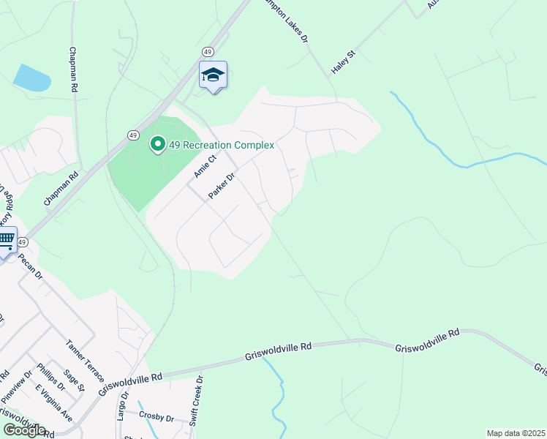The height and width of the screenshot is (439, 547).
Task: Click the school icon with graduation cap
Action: tap(213, 75)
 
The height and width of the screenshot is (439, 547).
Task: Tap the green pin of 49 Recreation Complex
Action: tap(156, 144)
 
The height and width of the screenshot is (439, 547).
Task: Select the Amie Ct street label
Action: tap(205, 166)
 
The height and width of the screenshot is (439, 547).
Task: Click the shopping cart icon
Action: tap(7, 240)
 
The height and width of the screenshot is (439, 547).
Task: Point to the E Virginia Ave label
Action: tap(55, 402)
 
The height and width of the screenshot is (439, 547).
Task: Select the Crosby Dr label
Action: tap(156, 418)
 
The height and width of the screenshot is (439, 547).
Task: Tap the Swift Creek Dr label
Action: tap(195, 401)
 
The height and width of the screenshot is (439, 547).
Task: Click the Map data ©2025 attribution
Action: tap(516, 433)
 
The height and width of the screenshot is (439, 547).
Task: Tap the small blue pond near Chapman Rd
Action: tap(32, 78)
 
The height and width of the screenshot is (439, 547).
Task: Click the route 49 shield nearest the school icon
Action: tap(208, 52)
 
